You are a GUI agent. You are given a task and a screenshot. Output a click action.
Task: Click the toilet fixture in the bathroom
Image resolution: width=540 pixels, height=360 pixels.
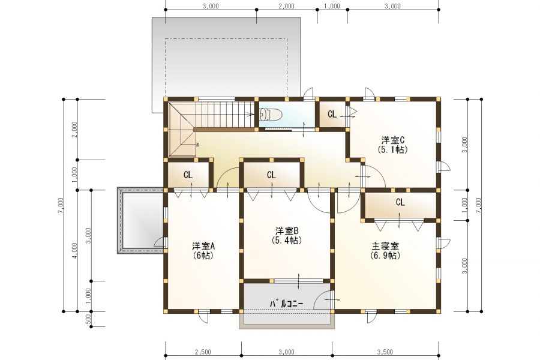(x=271, y=115)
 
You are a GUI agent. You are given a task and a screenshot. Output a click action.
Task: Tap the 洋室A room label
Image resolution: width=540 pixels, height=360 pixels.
(x=203, y=247)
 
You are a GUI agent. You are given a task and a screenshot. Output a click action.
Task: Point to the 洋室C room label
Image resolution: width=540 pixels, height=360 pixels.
(x=392, y=140)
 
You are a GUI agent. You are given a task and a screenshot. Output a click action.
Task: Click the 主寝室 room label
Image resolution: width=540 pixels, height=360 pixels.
(x=385, y=247)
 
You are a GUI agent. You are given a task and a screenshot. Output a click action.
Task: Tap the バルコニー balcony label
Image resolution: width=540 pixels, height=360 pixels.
(x=286, y=304)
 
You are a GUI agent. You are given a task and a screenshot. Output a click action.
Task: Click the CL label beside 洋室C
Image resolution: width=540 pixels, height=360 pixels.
(x=332, y=115)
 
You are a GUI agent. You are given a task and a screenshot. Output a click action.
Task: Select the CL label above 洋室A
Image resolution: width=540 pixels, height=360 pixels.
(x=188, y=175)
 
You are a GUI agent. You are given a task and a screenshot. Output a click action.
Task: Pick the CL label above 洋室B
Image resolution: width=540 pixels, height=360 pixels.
(x=271, y=175)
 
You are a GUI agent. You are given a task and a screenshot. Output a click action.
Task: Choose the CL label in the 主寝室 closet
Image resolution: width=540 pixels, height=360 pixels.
(x=400, y=202)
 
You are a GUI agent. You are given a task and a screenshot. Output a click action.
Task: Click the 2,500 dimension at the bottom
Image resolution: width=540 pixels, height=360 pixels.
(x=203, y=352)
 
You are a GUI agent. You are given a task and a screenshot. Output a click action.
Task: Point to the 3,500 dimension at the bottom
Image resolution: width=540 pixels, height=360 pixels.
(x=385, y=352)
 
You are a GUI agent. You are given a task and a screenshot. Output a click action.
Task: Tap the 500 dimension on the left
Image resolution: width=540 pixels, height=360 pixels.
(x=88, y=319)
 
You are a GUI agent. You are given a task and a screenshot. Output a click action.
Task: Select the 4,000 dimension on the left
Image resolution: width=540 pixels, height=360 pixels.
(x=75, y=251)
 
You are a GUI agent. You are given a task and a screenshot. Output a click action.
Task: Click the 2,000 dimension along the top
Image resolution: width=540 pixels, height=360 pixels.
(x=287, y=6)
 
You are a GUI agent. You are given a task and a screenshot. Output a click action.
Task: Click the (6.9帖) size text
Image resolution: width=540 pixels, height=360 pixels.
(x=385, y=256)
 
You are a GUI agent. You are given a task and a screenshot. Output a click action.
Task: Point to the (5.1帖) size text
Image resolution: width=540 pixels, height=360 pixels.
(x=392, y=149)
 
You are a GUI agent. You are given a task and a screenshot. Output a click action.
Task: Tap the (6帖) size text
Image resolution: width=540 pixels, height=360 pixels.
(x=203, y=256)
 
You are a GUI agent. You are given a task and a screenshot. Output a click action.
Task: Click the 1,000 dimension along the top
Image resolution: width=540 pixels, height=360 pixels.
(x=332, y=6)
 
